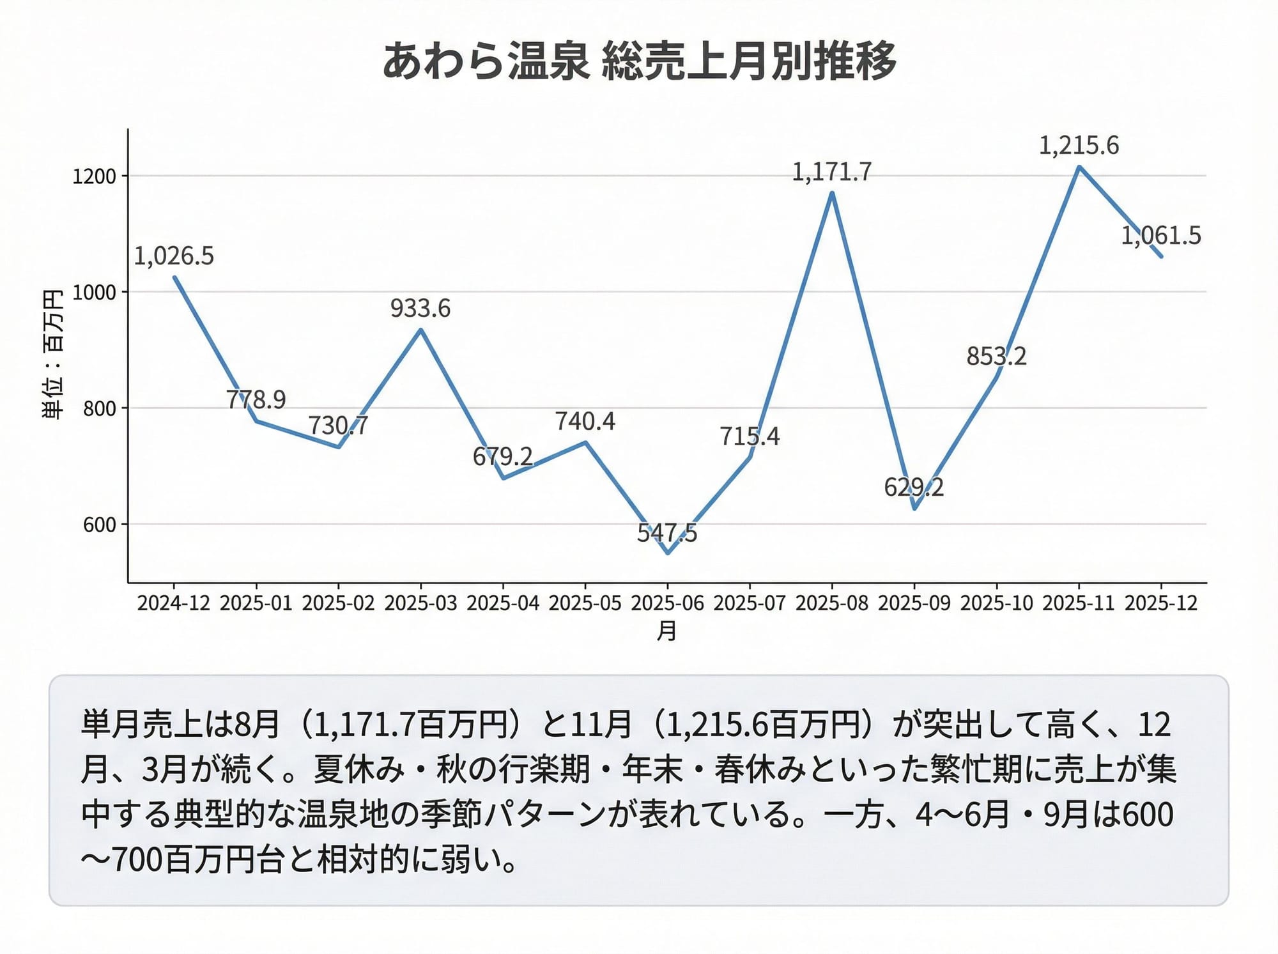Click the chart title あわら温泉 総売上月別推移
click(639, 62)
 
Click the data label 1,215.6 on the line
click(1079, 146)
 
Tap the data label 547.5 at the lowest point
click(667, 532)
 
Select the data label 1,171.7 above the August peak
click(831, 172)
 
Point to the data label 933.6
click(420, 309)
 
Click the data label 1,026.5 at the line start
click(174, 256)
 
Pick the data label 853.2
click(996, 357)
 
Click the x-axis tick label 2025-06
click(667, 603)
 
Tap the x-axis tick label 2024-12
click(174, 603)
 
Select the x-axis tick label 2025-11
click(1079, 603)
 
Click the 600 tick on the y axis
click(100, 525)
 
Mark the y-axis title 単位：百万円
click(52, 355)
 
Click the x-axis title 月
click(667, 631)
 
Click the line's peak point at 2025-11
click(1079, 167)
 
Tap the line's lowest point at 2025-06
click(668, 553)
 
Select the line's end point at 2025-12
click(1161, 257)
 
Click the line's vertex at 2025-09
click(914, 509)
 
